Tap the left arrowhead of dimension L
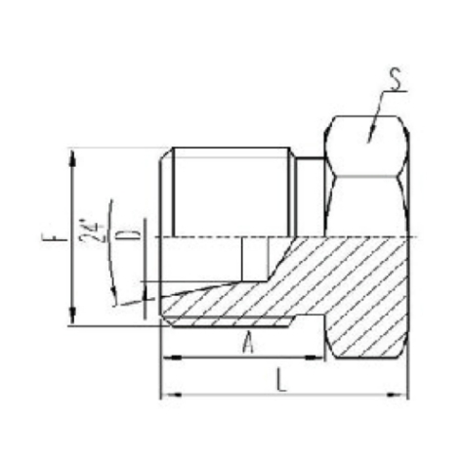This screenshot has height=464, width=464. click(166, 394)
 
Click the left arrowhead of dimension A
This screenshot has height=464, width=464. click(166, 357)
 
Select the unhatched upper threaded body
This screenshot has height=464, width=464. click(230, 190)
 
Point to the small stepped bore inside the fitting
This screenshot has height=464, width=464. click(252, 257)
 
